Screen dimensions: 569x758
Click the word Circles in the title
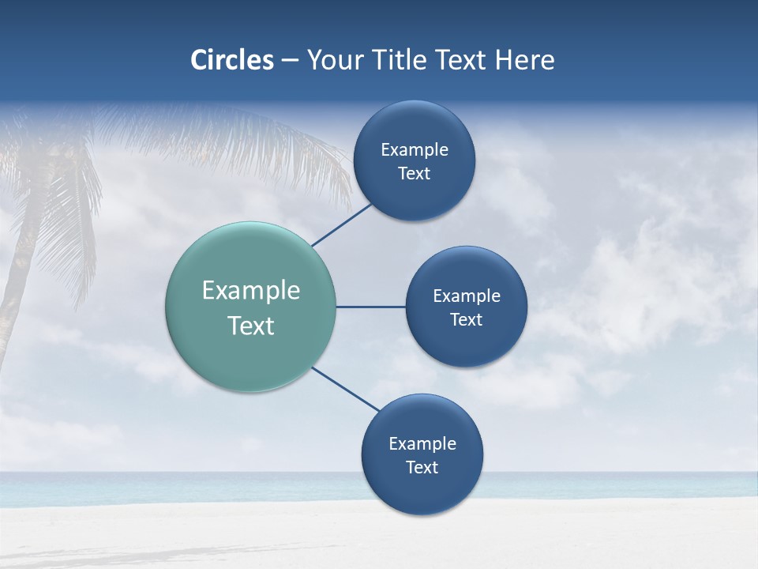[231, 60]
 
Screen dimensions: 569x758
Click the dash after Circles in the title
[289, 61]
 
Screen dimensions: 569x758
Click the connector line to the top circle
[342, 225]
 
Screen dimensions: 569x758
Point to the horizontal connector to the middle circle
[370, 307]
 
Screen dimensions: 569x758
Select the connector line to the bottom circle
[345, 389]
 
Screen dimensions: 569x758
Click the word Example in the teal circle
[251, 291]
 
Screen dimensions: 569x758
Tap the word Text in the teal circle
[251, 326]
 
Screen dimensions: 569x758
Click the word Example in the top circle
[414, 150]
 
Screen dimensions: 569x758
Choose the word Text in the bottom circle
[422, 468]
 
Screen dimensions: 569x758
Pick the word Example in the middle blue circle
[466, 296]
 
